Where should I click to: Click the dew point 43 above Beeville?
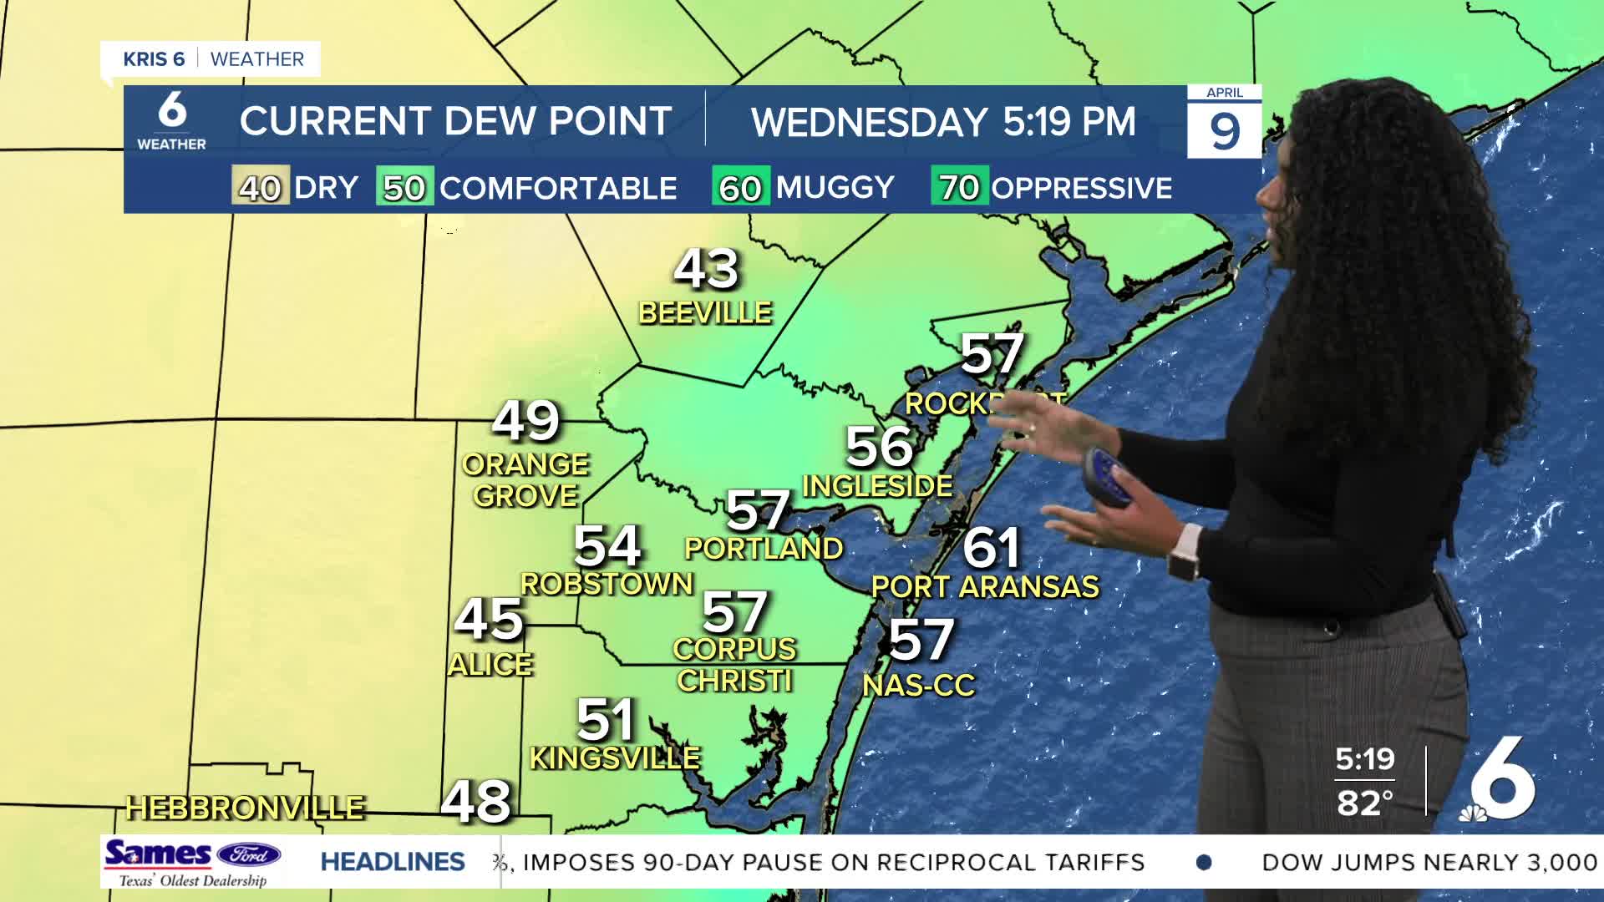706,269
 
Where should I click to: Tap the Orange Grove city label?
526,479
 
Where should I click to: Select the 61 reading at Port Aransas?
992,548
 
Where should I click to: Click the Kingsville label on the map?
615,758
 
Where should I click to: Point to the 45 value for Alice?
489,620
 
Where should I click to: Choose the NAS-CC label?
919,686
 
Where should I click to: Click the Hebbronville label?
245,808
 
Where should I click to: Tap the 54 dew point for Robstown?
607,547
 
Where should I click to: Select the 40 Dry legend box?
261,187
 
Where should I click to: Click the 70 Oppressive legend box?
959,187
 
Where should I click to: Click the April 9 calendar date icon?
1224,122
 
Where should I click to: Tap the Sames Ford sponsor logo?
192,862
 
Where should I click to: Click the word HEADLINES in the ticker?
393,862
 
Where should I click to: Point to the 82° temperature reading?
1364,803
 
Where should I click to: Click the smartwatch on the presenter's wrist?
1183,554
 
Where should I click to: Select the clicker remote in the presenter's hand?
1106,475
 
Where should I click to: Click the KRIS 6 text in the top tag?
154,59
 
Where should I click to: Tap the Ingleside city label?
877,485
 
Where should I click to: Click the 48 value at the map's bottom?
475,801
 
